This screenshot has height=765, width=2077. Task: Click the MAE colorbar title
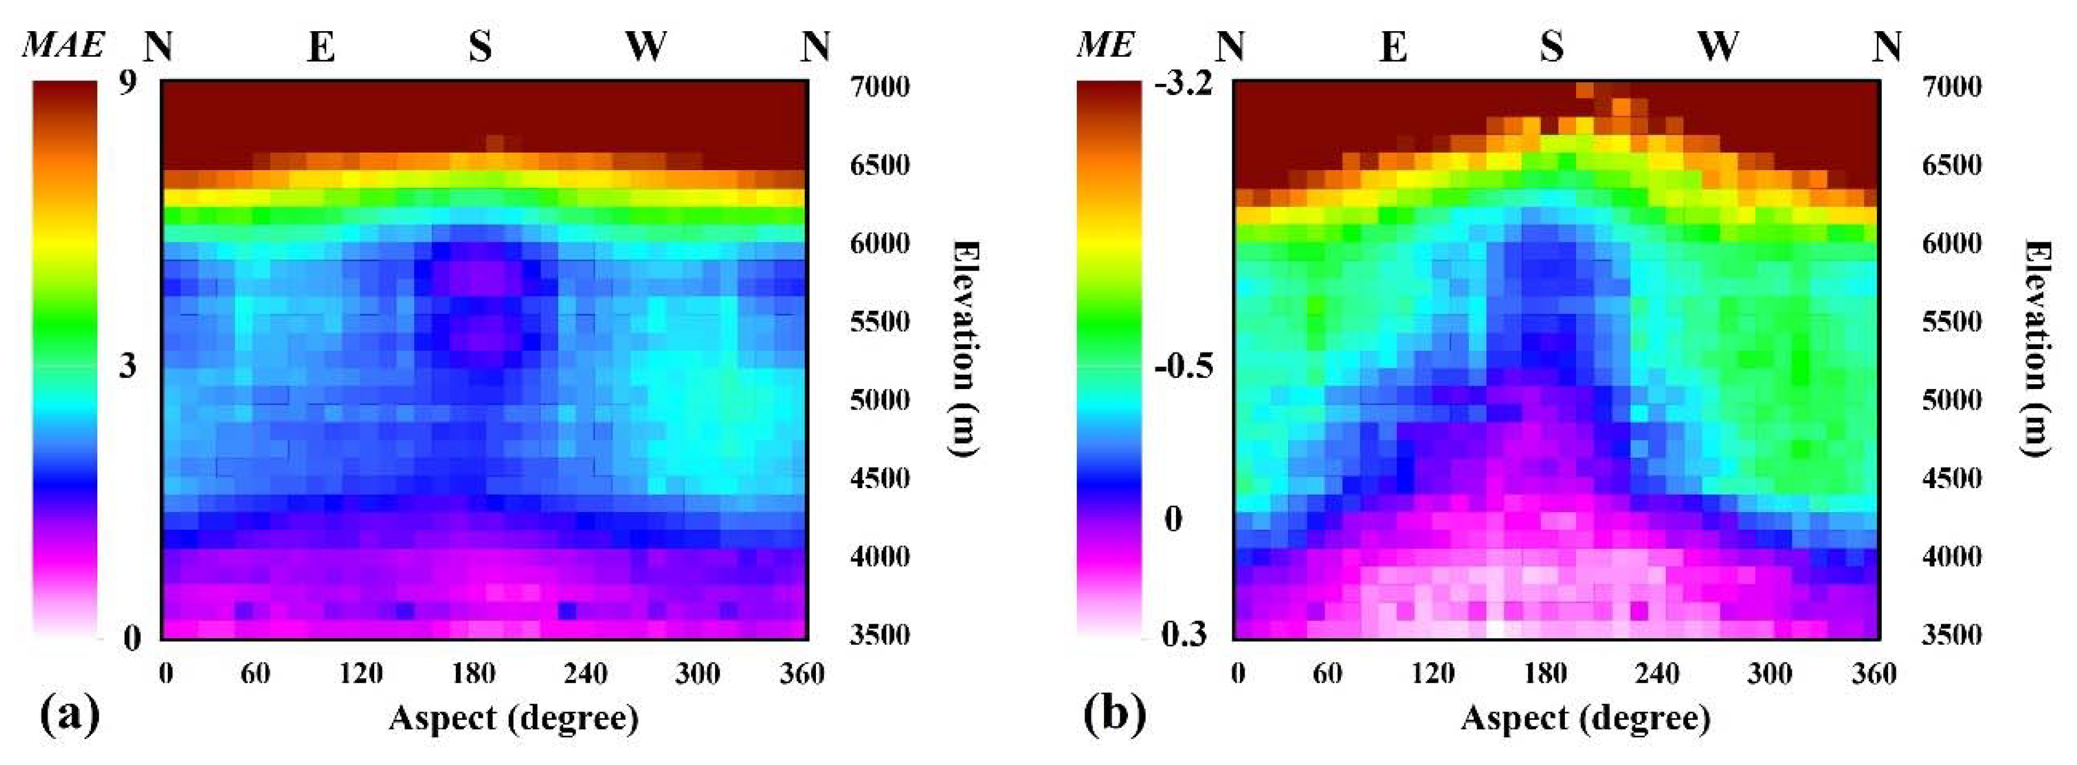click(63, 45)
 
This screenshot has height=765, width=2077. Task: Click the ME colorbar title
click(1104, 45)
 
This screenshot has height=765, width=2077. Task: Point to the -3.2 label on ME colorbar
click(1183, 84)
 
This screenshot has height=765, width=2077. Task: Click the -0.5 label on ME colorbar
click(1183, 367)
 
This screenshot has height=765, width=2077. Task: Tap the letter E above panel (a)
click(321, 47)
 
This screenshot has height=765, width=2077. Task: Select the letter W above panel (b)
click(1718, 47)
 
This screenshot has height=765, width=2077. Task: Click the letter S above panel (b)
click(1551, 47)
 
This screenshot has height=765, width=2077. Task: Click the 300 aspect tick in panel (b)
click(1769, 673)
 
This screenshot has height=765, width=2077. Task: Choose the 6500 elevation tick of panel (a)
click(880, 165)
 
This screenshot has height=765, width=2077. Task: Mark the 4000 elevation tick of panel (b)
click(1951, 556)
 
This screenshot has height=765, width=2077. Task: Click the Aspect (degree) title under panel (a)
click(514, 717)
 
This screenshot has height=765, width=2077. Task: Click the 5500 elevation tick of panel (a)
click(880, 321)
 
